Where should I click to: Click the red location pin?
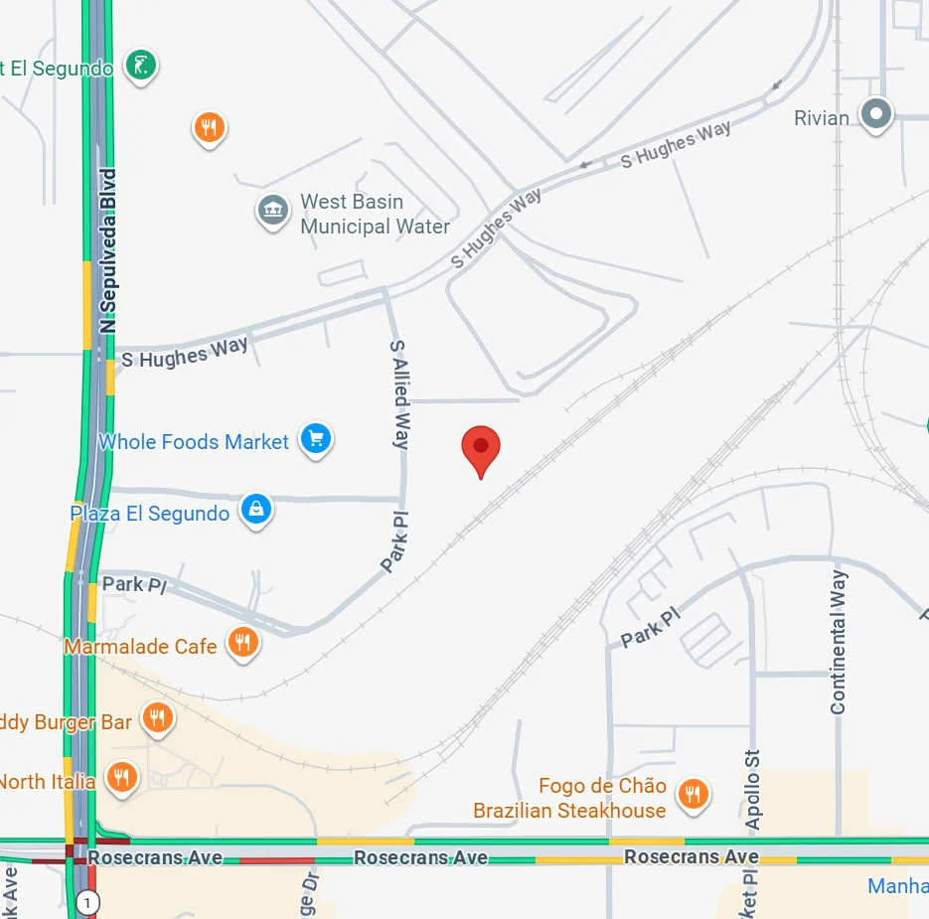click(x=481, y=447)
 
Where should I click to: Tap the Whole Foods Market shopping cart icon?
click(x=316, y=438)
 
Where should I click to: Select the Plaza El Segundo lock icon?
click(x=256, y=510)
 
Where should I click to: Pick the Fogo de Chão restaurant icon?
click(x=693, y=793)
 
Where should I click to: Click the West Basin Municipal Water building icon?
click(x=272, y=210)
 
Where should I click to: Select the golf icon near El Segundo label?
click(x=141, y=66)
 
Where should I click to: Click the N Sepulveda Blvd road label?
click(x=109, y=249)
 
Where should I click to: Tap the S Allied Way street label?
click(x=399, y=394)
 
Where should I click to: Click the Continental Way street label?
click(x=839, y=642)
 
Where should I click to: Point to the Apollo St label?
click(x=753, y=790)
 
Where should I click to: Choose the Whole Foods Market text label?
click(x=194, y=442)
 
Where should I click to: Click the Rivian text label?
click(x=822, y=118)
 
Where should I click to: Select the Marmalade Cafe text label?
click(x=140, y=647)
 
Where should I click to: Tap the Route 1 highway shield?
click(x=89, y=903)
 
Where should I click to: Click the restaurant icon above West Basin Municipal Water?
click(x=209, y=126)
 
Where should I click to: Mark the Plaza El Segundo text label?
click(x=149, y=514)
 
